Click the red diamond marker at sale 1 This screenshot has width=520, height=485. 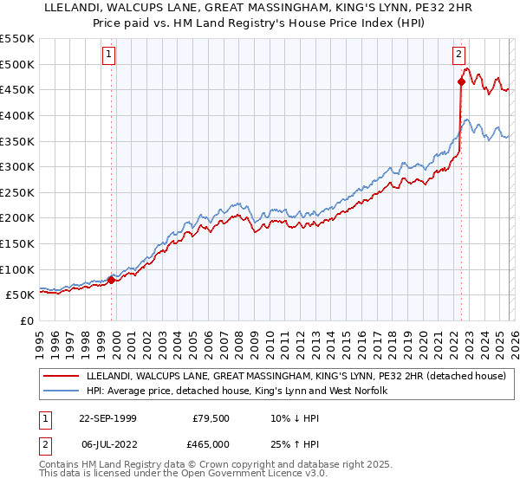tap(112, 280)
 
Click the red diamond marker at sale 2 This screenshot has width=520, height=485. tap(461, 82)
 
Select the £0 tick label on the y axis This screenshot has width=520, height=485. tap(27, 320)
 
